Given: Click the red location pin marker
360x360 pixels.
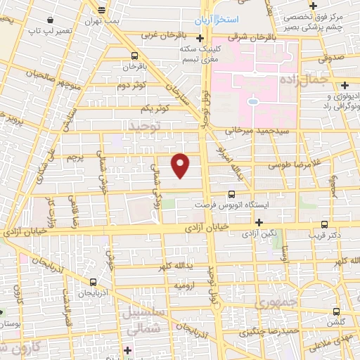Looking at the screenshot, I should click(x=181, y=165).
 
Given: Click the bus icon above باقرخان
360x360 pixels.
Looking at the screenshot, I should click(x=134, y=54).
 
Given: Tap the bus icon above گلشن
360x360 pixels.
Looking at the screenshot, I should click(x=336, y=310).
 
